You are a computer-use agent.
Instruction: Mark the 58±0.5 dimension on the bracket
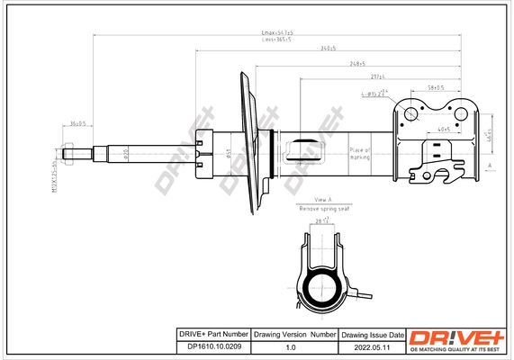(x=437, y=87)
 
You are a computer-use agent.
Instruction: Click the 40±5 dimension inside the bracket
(x=443, y=130)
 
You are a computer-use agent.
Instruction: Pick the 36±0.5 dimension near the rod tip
(x=77, y=123)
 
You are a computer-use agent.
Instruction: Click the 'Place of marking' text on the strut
(x=360, y=154)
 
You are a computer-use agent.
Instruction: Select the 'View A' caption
(x=323, y=198)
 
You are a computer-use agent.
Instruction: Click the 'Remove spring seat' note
(x=323, y=208)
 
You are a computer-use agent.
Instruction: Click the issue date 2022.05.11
(x=371, y=346)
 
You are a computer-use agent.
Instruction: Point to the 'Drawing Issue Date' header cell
(x=371, y=334)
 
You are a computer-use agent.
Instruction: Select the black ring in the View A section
(x=321, y=290)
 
